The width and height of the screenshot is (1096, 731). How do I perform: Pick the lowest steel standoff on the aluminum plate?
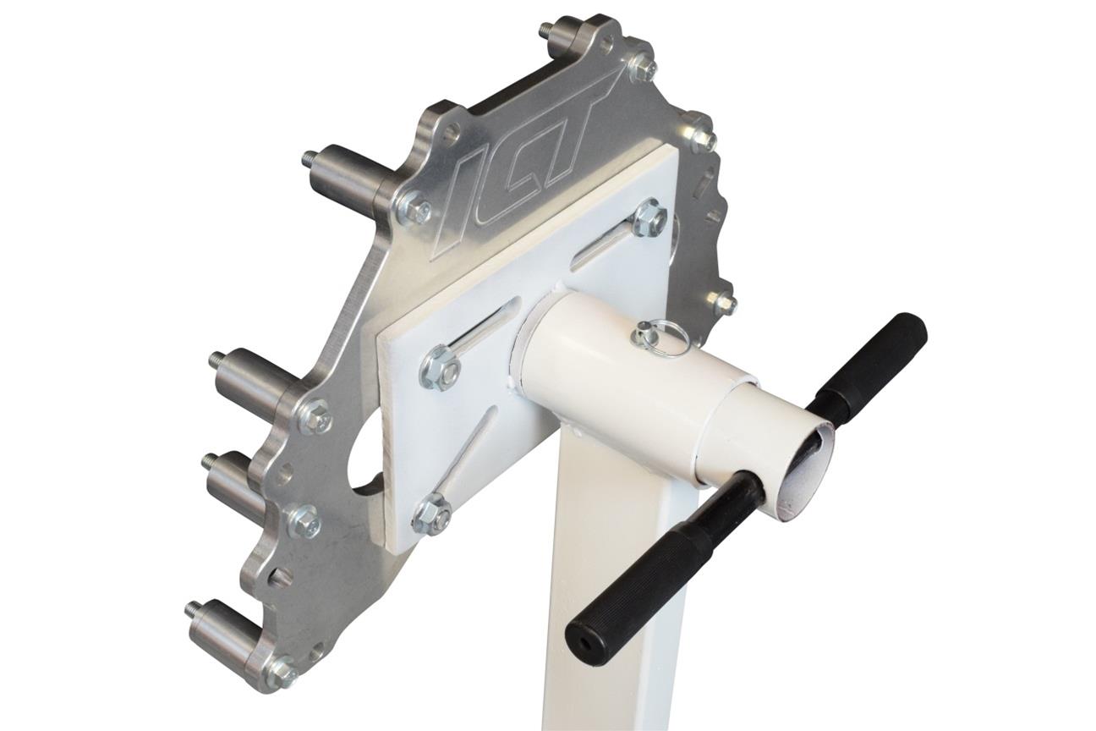[x=222, y=635]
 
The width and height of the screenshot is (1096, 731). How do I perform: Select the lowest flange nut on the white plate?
[x=434, y=513]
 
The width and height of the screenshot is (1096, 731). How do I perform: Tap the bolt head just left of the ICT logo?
[x=416, y=210]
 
